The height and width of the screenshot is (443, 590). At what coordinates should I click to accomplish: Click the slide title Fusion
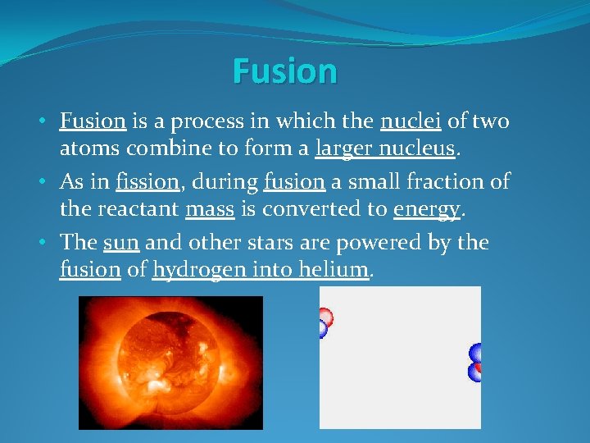pos(284,71)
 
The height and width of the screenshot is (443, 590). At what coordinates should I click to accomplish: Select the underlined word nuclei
pos(411,122)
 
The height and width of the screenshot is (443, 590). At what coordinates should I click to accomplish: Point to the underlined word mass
pos(211,209)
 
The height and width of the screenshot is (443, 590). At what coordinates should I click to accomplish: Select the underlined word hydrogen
pos(192,270)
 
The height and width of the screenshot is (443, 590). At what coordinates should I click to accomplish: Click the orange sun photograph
pos(170,363)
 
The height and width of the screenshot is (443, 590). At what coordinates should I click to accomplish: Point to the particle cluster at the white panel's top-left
pos(324,322)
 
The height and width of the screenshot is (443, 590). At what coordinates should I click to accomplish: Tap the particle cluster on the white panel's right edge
pos(475,363)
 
